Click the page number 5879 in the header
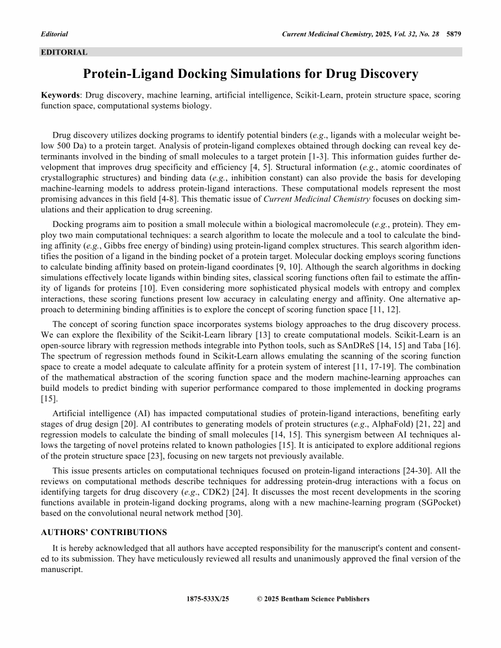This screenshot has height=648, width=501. coord(453,34)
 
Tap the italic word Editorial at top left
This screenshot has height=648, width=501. coord(54,34)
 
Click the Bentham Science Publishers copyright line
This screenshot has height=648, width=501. coord(313,599)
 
